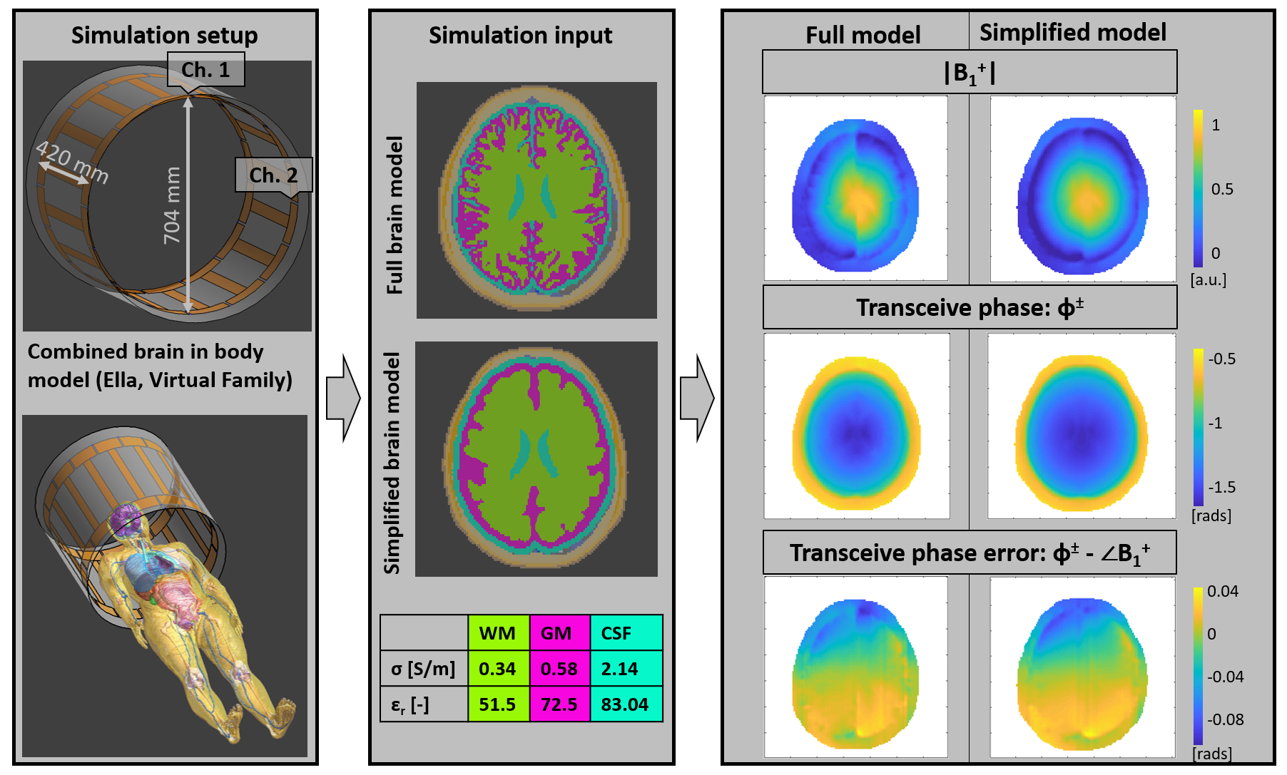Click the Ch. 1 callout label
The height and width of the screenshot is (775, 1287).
[205, 70]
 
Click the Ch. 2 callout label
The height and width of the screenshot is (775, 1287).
[273, 175]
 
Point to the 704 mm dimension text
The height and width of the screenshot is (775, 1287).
[172, 205]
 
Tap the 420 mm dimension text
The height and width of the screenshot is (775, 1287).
[72, 162]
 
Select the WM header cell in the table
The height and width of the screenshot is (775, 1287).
[497, 633]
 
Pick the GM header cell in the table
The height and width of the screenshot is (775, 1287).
[556, 633]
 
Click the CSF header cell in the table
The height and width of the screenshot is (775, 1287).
[617, 633]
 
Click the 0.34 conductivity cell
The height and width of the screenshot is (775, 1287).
[497, 669]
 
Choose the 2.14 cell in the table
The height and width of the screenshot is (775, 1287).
[619, 669]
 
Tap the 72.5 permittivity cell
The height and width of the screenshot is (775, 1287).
[559, 704]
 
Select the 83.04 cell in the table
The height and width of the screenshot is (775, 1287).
[624, 704]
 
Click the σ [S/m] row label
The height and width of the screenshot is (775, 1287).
[423, 669]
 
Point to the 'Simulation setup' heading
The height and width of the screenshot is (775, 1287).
[164, 35]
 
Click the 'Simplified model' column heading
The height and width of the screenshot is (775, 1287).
[1072, 32]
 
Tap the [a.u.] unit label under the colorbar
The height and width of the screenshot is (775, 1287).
[1209, 279]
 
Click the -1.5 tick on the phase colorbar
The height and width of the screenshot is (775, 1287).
[1222, 487]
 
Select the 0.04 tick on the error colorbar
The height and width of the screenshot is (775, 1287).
[1222, 591]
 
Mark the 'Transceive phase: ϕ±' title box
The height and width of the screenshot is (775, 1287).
[970, 307]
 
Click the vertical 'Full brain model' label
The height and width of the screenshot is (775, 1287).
[395, 215]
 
